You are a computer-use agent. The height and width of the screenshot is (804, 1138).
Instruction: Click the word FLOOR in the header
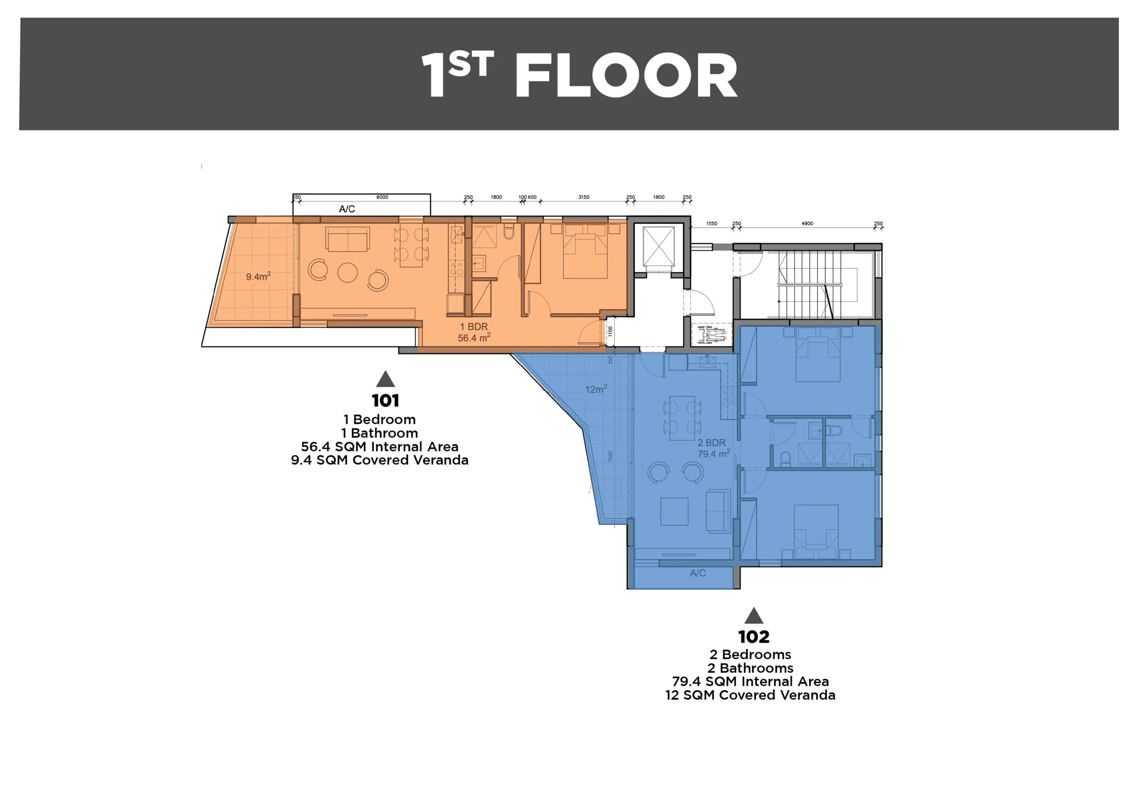pyautogui.click(x=626, y=76)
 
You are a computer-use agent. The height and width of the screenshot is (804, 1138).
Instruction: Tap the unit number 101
pyautogui.click(x=385, y=400)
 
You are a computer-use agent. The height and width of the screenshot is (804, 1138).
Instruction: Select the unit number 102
pyautogui.click(x=753, y=637)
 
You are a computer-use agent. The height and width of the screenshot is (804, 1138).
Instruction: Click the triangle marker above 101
pyautogui.click(x=385, y=379)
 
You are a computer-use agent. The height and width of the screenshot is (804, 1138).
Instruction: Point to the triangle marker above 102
pyautogui.click(x=753, y=615)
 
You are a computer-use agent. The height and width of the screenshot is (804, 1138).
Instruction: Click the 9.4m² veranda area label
pyautogui.click(x=258, y=276)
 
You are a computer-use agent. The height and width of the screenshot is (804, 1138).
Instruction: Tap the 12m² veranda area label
pyautogui.click(x=596, y=390)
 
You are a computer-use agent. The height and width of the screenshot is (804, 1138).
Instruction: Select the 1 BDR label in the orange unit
pyautogui.click(x=474, y=327)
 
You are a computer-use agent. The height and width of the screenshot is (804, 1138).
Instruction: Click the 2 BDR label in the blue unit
pyautogui.click(x=711, y=443)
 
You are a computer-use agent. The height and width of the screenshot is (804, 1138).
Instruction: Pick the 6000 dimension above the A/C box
pyautogui.click(x=382, y=197)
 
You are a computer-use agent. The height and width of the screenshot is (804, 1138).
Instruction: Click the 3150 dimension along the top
pyautogui.click(x=584, y=197)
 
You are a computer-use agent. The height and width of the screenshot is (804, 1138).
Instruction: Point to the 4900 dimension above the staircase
pyautogui.click(x=807, y=224)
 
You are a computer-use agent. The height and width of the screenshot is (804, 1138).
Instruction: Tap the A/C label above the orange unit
pyautogui.click(x=347, y=209)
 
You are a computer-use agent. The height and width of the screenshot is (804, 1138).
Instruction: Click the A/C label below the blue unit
pyautogui.click(x=697, y=573)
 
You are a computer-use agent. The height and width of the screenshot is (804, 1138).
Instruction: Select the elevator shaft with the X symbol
pyautogui.click(x=659, y=246)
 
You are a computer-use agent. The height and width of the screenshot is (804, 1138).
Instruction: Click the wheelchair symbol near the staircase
pyautogui.click(x=714, y=334)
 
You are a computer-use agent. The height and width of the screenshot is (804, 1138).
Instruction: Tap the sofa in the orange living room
pyautogui.click(x=348, y=239)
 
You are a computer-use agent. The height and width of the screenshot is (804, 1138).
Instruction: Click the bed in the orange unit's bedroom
pyautogui.click(x=585, y=251)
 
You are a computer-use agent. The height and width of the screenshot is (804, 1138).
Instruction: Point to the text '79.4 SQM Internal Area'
pyautogui.click(x=750, y=682)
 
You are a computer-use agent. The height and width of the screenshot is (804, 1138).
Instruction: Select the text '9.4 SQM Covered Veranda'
pyautogui.click(x=380, y=460)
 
